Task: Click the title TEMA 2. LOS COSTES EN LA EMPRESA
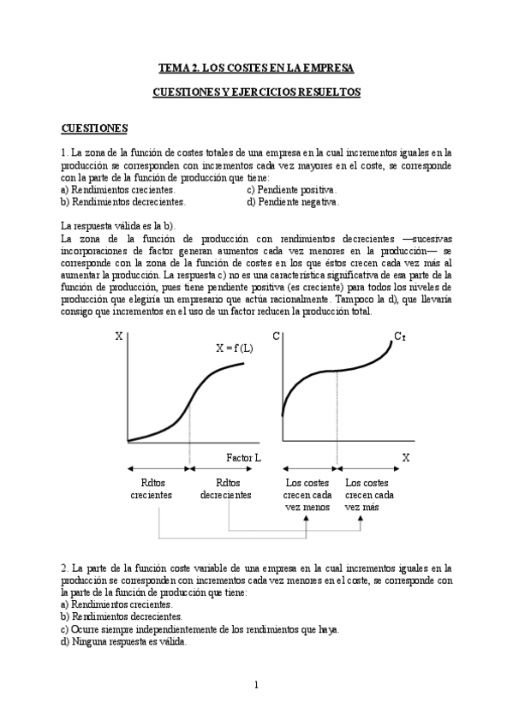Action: [256, 67]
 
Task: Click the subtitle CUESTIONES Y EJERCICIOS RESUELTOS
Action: [256, 92]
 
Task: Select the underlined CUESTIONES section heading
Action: [94, 128]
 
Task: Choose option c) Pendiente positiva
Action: [292, 189]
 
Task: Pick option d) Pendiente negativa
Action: [294, 202]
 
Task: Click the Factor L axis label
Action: [243, 458]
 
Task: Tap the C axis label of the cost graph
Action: [277, 336]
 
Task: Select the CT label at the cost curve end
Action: [399, 336]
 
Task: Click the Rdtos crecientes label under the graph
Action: [152, 489]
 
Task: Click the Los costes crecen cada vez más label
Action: [369, 495]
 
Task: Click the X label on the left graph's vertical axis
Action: [118, 336]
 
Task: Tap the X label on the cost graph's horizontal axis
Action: [406, 458]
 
